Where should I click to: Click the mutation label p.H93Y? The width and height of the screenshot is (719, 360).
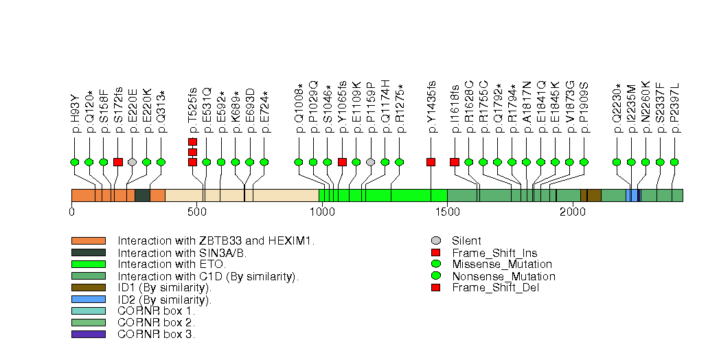point(75,109)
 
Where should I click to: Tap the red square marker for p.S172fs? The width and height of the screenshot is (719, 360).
point(118,162)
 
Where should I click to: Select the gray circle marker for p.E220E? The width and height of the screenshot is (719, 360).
point(132,162)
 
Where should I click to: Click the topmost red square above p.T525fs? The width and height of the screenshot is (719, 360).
point(192,142)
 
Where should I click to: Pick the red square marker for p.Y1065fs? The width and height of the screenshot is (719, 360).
point(342,162)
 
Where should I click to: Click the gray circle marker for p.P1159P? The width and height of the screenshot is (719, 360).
point(371,162)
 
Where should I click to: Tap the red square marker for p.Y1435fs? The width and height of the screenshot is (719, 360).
point(431,162)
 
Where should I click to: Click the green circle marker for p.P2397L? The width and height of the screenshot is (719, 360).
point(674,162)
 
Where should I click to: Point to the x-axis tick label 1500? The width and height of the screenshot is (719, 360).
point(447,212)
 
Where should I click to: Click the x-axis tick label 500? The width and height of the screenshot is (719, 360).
point(196,212)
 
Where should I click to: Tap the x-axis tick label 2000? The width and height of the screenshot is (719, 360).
point(572,212)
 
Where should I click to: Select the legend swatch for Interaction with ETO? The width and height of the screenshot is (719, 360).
point(88,264)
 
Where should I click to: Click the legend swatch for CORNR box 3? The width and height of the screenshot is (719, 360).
point(88,334)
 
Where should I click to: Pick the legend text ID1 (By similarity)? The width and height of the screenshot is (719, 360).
point(163,287)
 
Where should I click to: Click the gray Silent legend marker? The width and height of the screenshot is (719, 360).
point(435,240)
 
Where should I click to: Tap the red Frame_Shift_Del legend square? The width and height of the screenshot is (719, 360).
point(435,287)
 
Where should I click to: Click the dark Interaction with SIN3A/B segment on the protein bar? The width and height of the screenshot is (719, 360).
point(142,195)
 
